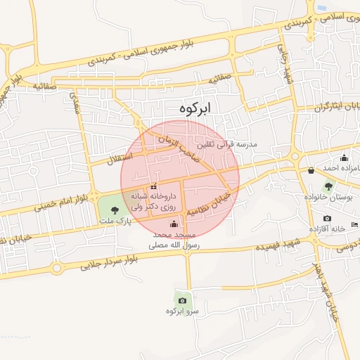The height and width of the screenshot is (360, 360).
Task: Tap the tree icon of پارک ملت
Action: click(115, 210)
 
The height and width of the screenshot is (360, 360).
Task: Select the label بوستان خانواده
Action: click(334, 199)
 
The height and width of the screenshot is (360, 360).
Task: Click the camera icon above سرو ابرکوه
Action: click(183, 300)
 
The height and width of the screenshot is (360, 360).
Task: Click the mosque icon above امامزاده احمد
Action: click(344, 157)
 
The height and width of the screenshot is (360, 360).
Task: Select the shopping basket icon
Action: click(311, 169)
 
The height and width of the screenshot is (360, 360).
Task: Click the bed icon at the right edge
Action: click(354, 224)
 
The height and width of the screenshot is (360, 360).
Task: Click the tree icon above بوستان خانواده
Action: click(328, 186)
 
